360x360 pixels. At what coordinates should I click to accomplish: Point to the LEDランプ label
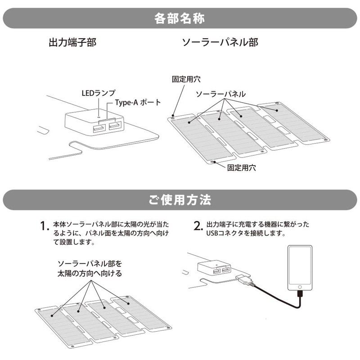99,93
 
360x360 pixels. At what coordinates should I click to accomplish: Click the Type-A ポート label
138,103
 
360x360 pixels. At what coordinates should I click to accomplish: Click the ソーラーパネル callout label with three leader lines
220,94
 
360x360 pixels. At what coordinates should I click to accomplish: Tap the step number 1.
43,226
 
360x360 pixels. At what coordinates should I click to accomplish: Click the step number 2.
198,226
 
